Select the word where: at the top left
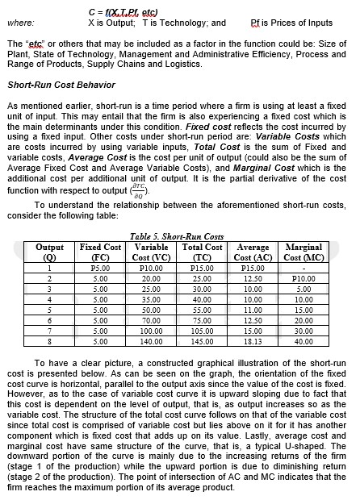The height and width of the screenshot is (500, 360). [20, 23]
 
